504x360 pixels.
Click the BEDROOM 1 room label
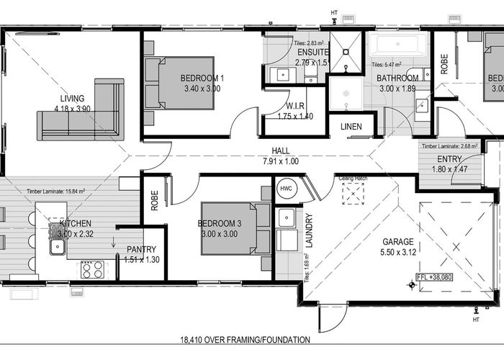(x=202, y=78)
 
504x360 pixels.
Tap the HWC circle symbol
(x=284, y=189)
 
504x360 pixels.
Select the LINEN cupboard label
(x=352, y=127)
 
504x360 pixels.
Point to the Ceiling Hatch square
(x=353, y=194)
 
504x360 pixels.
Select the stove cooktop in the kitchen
(x=92, y=269)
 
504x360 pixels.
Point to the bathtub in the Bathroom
(x=398, y=45)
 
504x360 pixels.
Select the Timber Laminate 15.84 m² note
(x=56, y=192)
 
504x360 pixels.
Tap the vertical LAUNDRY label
(x=310, y=230)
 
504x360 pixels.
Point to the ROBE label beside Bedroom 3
(x=155, y=199)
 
